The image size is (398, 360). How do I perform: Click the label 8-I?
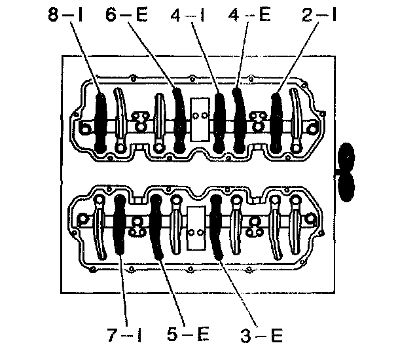65,14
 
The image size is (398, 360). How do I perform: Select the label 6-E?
126,14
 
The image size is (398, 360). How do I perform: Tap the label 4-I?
188,14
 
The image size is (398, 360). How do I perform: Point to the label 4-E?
249,14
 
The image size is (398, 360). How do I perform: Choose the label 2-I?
319,14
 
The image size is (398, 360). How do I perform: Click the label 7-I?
124,335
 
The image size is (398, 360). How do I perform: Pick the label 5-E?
188,335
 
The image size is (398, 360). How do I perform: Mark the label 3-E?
261,335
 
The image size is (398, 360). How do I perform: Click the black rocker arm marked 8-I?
101,123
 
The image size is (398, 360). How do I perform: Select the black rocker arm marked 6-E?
180,119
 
